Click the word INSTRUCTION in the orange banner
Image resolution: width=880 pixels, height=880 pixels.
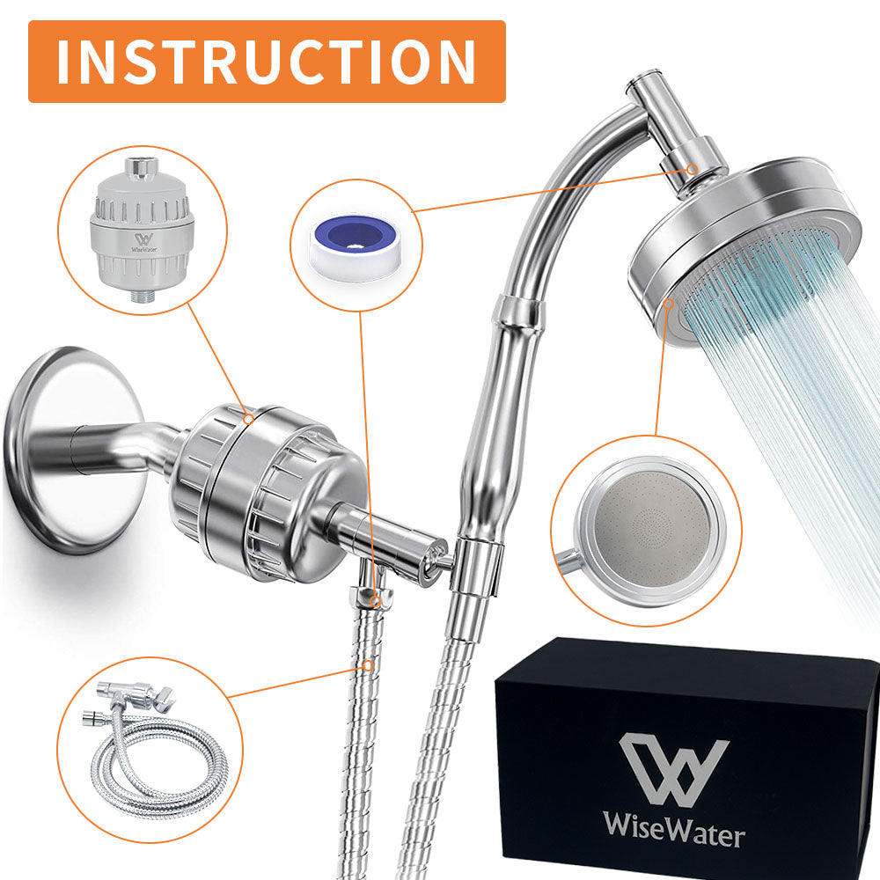coord(267,62)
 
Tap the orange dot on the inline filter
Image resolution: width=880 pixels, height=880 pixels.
coord(249,420)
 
